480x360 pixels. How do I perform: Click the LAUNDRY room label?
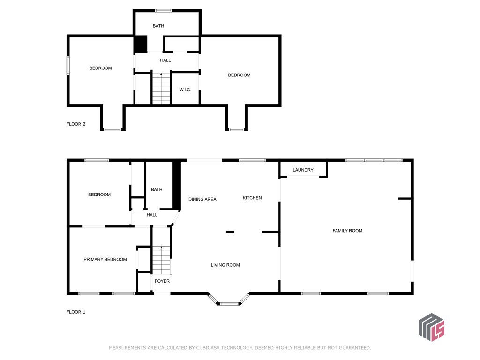303,170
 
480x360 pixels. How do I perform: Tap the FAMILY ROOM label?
347,231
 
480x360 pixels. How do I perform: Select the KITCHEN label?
252,198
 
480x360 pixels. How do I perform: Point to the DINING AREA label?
202,199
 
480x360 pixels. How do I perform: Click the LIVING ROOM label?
225,265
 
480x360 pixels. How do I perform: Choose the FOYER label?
162,281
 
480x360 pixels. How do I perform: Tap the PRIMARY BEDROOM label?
105,259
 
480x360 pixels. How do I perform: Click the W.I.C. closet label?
185,90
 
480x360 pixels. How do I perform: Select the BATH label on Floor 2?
158,26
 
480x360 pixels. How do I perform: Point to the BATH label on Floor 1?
157,189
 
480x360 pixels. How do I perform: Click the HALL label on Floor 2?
165,60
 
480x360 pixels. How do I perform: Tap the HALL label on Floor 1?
152,215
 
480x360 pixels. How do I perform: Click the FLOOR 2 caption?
76,124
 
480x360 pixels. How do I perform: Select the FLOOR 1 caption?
76,312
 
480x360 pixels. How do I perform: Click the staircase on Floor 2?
161,89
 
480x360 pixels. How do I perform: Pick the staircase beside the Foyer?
161,260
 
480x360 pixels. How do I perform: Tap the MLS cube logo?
431,327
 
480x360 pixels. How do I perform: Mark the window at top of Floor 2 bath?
163,11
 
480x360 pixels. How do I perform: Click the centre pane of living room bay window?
229,304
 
